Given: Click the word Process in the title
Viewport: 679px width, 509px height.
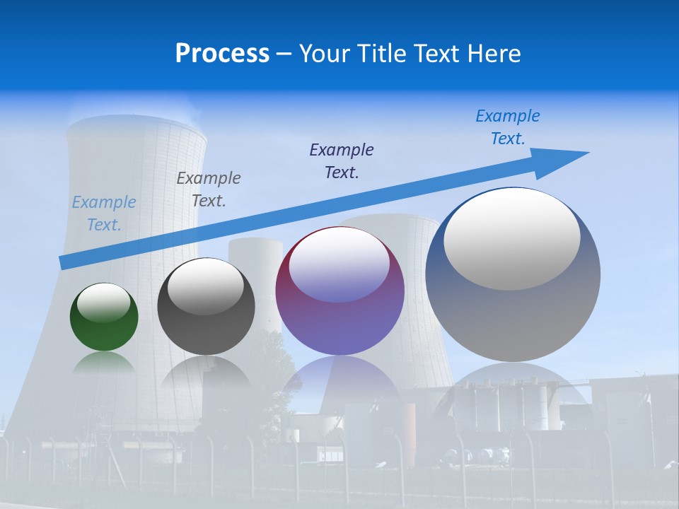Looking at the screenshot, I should (222, 54).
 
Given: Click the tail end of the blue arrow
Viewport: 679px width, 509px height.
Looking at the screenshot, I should (64, 263).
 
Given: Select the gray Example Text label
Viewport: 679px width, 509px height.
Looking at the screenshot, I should (209, 189).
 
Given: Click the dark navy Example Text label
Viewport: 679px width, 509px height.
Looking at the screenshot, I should (342, 160).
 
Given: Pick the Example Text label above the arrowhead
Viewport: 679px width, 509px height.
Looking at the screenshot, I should (508, 127).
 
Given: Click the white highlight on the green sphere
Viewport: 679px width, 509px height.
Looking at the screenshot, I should (104, 303).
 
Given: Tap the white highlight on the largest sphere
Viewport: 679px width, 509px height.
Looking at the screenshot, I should (512, 239).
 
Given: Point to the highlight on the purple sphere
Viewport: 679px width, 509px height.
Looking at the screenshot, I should (339, 264).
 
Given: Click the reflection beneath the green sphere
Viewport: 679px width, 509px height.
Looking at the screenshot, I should (104, 361).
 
